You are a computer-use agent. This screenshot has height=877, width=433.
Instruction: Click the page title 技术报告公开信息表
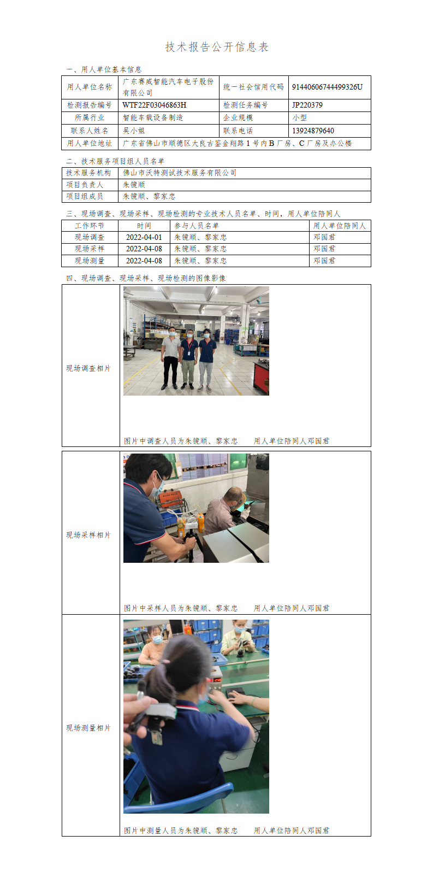[217, 47]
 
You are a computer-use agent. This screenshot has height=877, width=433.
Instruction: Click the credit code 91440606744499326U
[327, 87]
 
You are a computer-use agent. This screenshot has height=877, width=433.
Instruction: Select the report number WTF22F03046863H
[154, 105]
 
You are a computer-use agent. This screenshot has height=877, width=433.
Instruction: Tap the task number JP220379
[307, 105]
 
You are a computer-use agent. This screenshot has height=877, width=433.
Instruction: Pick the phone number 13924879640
[313, 131]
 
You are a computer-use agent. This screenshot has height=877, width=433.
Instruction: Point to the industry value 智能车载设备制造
[153, 117]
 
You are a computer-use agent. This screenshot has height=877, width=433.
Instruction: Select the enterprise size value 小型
[299, 117]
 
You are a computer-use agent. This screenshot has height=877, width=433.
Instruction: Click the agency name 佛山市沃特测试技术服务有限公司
[180, 173]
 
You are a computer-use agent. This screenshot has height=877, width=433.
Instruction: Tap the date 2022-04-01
[144, 237]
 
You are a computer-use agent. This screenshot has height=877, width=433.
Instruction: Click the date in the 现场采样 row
[144, 249]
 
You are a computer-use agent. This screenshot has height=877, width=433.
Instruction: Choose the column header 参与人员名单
[197, 226]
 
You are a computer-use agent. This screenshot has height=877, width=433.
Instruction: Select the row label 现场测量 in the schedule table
[90, 260]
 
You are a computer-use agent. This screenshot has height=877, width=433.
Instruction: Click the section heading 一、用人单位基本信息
[104, 69]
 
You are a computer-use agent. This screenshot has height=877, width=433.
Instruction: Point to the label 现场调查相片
[88, 368]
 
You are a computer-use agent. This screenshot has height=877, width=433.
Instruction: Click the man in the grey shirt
[171, 357]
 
